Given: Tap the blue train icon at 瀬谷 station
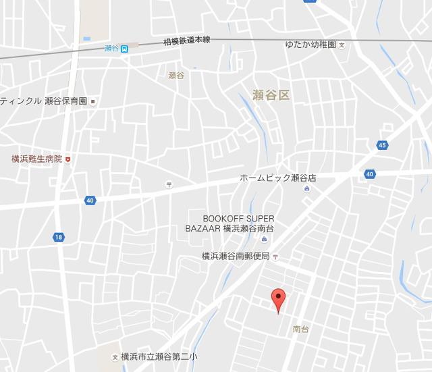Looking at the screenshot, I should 124,48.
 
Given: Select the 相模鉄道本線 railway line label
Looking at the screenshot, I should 186,41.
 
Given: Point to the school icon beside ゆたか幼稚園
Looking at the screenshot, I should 342,45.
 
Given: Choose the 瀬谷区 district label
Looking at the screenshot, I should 270,95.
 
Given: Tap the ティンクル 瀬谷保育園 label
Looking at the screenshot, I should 45,101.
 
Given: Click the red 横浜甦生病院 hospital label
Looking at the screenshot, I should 36,159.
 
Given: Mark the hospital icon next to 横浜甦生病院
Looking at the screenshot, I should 67,159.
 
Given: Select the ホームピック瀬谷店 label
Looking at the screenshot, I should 278,178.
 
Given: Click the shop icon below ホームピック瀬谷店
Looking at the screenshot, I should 307,189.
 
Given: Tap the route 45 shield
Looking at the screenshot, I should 383,145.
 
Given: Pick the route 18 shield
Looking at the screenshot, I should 59,236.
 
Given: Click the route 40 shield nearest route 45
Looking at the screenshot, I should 369,174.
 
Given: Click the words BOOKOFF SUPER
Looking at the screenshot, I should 238,218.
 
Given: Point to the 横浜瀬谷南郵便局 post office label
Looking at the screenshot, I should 236,257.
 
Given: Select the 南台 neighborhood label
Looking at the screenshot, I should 301,329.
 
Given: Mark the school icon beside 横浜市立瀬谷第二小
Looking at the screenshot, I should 115,356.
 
